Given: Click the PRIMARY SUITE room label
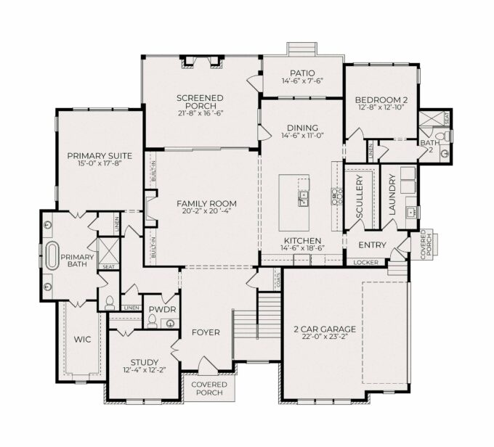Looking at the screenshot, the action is (x=100, y=156).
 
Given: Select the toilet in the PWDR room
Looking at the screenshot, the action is (x=152, y=321).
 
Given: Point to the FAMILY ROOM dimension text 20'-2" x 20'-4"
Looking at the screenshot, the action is (x=206, y=211).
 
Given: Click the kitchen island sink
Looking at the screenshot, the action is (x=304, y=198).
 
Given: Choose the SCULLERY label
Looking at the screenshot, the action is (x=360, y=197).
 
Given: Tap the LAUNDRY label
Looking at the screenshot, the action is (x=392, y=194).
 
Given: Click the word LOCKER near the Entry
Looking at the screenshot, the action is (x=365, y=262).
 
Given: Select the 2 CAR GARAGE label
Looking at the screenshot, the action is (x=325, y=329).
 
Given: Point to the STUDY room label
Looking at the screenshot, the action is (x=145, y=362).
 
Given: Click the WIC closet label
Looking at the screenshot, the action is (x=83, y=340).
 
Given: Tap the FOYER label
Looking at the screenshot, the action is (x=206, y=332).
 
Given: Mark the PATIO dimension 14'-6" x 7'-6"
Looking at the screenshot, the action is (x=302, y=81).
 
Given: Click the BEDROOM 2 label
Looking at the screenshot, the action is (x=381, y=100).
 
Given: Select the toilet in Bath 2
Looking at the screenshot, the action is (x=447, y=136).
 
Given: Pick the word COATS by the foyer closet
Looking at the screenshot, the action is (x=278, y=280).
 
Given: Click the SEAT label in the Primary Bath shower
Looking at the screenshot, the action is (x=109, y=267).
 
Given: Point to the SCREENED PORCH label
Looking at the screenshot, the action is (x=200, y=102).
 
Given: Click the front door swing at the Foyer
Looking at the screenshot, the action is (x=206, y=365).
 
